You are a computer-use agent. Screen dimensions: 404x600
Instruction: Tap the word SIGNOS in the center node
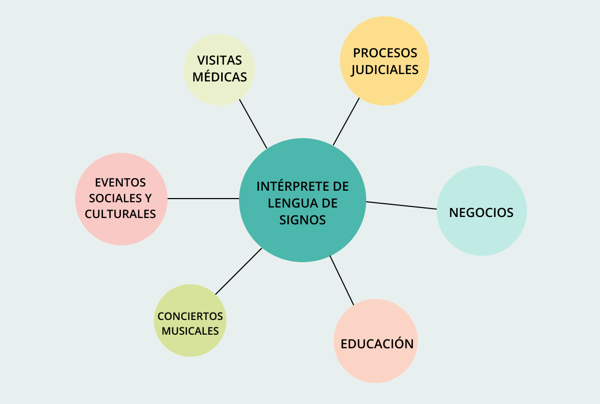(302, 220)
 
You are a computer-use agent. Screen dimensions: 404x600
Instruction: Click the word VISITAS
(220, 60)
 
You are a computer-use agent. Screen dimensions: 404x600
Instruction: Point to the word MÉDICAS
(220, 77)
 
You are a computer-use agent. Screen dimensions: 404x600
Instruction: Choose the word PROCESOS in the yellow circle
(385, 53)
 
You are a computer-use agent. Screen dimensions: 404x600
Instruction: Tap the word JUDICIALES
(385, 70)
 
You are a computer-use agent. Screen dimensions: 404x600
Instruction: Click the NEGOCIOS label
(481, 212)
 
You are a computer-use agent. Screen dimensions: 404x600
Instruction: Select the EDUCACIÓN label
(377, 344)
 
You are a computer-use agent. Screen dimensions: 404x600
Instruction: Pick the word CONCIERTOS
(190, 317)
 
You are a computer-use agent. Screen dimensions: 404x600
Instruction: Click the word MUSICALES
(190, 331)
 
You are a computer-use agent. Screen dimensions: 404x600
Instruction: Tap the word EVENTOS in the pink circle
(120, 182)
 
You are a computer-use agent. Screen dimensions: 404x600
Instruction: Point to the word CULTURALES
(120, 214)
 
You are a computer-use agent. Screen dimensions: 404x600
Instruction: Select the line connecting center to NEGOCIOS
(401, 205)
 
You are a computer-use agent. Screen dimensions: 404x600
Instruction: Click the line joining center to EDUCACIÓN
(342, 281)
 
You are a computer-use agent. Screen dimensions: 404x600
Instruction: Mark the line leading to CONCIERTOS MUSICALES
(239, 271)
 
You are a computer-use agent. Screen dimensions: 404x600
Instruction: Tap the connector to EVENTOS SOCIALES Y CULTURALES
(203, 199)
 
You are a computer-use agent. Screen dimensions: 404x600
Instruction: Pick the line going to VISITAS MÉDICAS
(253, 124)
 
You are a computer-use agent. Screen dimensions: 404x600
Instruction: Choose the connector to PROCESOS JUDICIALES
(346, 121)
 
